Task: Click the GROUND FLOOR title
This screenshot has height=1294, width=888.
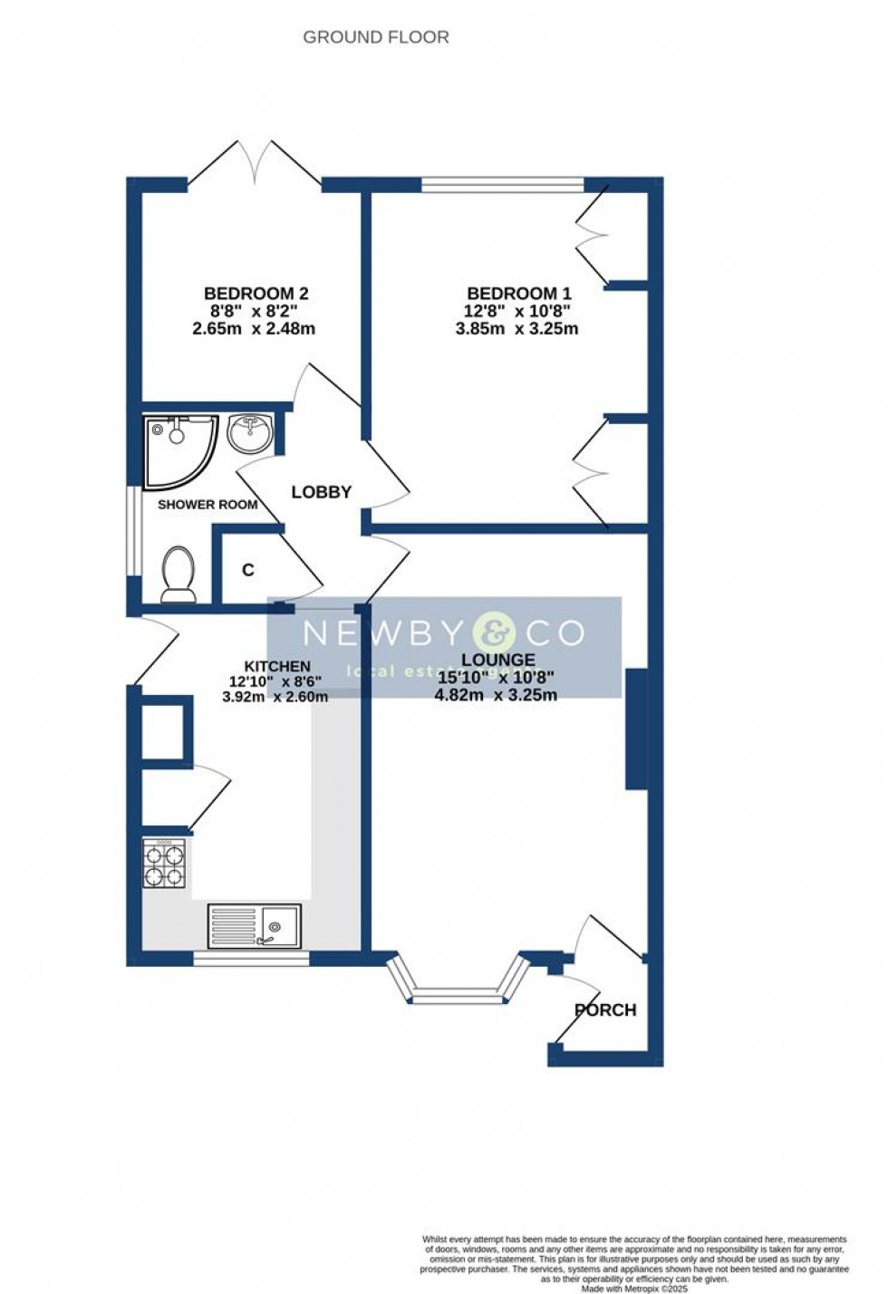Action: [x=375, y=37]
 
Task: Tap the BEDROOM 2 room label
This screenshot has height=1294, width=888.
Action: [x=256, y=294]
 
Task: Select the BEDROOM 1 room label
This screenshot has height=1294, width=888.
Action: [x=518, y=294]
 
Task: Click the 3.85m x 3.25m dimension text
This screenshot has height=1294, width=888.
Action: [x=516, y=329]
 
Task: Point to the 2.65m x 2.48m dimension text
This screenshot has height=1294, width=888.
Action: [x=254, y=329]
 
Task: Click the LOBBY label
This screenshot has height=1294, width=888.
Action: [x=321, y=492]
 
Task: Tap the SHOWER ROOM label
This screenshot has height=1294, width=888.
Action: [x=208, y=505]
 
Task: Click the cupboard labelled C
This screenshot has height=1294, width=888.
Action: [x=247, y=571]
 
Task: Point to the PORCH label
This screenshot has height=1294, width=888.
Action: [x=605, y=1009]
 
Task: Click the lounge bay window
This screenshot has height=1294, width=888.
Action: [x=458, y=988]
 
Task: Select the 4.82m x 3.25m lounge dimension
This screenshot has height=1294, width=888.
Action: [x=496, y=695]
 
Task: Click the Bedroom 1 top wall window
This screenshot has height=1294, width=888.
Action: [x=502, y=185]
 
